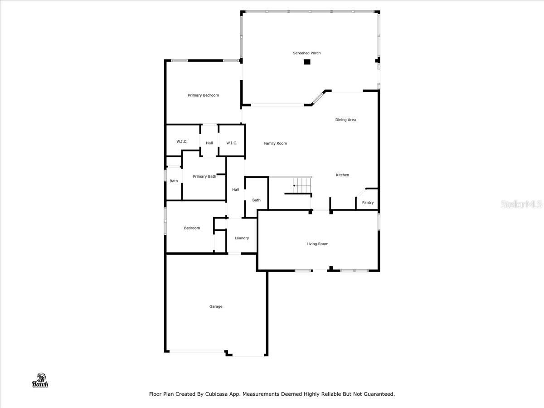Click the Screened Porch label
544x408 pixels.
coord(306,53)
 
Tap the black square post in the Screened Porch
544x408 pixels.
coord(307,62)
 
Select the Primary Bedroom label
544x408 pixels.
coord(204,95)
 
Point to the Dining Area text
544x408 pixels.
coord(345,120)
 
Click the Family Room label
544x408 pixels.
coord(276,143)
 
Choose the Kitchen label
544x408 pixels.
coord(342,175)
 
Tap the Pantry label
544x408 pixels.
coord(368,203)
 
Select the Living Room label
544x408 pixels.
coord(317,244)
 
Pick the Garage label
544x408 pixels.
coord(216,306)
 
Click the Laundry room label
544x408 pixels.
coord(242,238)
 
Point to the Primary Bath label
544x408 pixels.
coord(204,176)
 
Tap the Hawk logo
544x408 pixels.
coord(40,381)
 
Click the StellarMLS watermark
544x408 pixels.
coord(521,204)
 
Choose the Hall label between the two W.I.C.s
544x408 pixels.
coord(209,143)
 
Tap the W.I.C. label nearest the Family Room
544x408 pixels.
coord(232,143)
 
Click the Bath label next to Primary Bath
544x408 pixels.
coord(174,181)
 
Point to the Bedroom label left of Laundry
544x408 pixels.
coord(192,228)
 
